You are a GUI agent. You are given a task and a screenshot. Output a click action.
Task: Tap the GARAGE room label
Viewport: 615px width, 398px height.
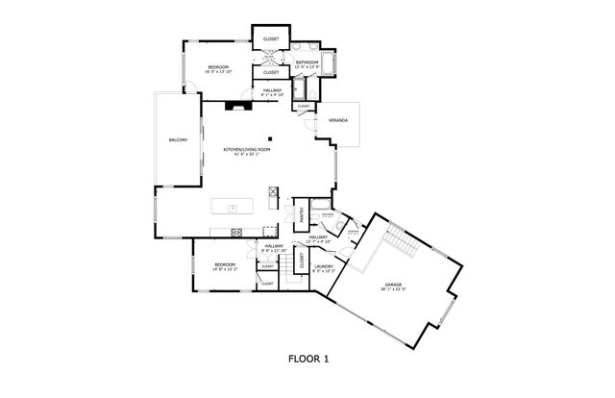coord(392,284)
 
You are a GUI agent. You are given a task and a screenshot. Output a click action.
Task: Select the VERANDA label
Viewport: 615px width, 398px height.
coord(338,121)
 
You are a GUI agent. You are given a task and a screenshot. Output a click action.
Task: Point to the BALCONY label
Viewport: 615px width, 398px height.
coord(178,140)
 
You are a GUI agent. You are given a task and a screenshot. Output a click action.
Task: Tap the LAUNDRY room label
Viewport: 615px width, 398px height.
coord(323,266)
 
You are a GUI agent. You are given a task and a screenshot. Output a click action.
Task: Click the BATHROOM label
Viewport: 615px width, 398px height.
coord(307,62)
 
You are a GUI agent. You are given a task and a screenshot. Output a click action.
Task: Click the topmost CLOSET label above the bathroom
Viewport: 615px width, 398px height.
coord(271,39)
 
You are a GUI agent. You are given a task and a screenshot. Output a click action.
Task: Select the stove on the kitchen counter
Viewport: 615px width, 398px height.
coord(237,230)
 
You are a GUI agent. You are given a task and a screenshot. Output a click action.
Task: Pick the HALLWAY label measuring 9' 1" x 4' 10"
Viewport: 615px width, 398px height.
coord(271,90)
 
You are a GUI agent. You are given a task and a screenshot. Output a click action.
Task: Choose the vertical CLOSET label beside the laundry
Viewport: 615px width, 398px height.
coord(302,259)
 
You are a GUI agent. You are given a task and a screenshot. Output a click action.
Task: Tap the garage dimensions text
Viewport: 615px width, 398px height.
coord(392,289)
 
